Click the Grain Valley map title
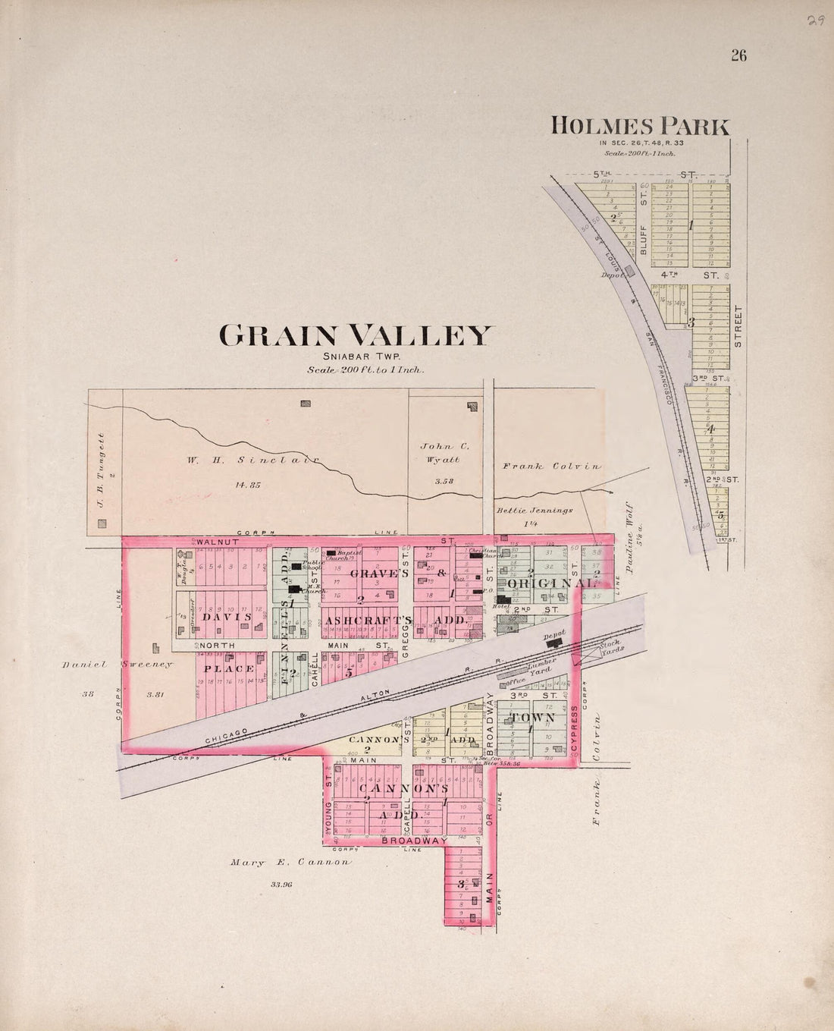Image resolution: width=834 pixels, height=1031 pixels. pos(356,335)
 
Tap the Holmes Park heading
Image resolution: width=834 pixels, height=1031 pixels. pos(640,125)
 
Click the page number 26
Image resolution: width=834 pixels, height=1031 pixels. pos(738,55)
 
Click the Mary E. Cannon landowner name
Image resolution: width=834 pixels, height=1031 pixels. pos(291,862)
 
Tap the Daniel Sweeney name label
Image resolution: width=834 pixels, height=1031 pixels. pos(118,665)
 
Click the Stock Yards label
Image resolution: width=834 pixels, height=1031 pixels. pos(611,648)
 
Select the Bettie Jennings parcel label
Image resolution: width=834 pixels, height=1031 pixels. pos(535,511)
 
